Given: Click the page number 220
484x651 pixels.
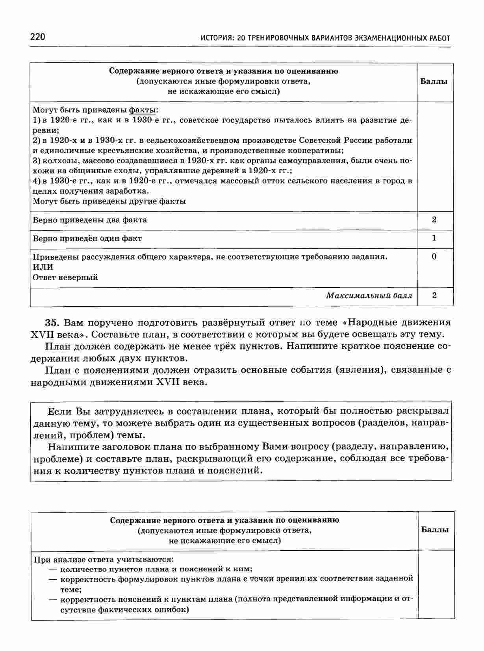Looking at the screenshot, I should coord(38,37).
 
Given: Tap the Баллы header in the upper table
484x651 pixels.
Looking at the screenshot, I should coord(434,82).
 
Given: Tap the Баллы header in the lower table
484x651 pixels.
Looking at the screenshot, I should coord(435,530).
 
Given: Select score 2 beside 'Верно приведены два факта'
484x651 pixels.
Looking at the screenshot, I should coord(434,220).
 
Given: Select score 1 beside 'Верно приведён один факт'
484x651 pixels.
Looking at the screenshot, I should coord(434,238).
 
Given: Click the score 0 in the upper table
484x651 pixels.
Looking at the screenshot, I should coord(434,257).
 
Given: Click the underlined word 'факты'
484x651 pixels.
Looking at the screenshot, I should coord(144,110).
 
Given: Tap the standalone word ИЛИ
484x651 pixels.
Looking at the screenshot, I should coord(43,267).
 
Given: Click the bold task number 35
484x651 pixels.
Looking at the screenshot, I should coord(52,323).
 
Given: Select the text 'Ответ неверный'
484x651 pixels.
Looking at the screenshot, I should coord(65,277).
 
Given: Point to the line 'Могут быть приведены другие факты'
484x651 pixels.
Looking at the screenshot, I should coord(109,201).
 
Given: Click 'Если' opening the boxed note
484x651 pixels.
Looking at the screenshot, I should coord(59,412).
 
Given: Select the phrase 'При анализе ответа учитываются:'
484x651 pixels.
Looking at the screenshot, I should coord(103,559).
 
